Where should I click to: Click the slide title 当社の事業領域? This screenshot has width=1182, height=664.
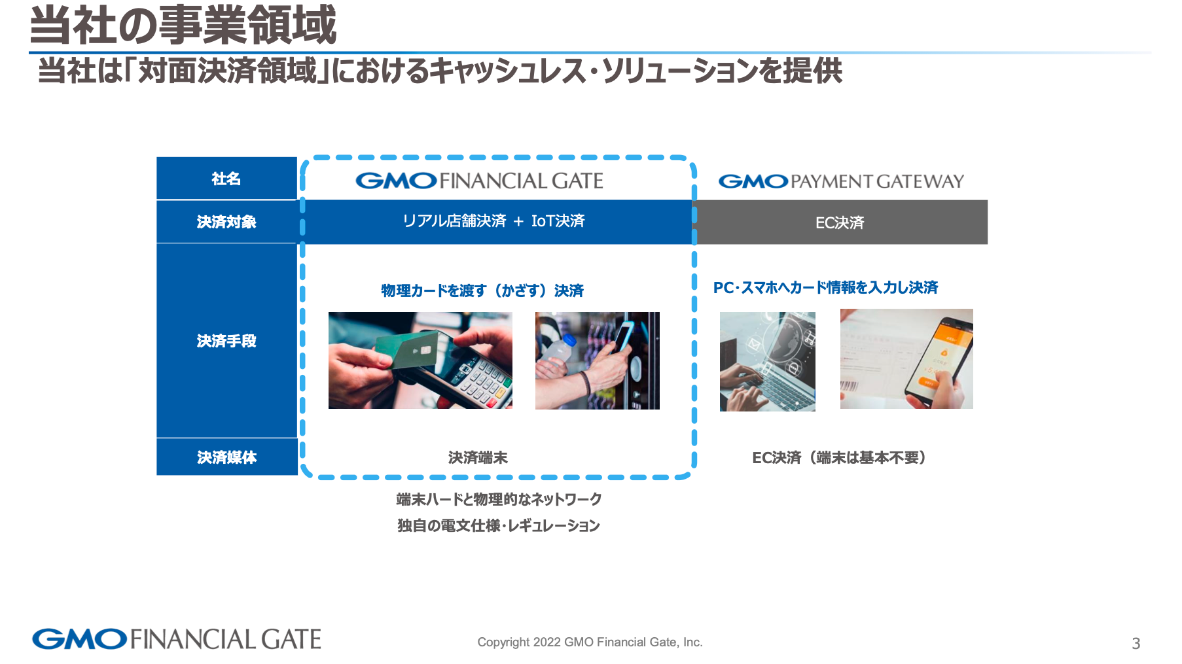point(183,26)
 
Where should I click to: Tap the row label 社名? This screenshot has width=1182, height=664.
point(226,179)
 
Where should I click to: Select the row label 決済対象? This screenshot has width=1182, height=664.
point(226,222)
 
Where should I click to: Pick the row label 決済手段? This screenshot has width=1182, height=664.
point(226,341)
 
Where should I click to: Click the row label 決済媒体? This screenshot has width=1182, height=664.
point(226,457)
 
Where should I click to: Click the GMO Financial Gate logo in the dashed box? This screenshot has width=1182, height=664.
point(479,181)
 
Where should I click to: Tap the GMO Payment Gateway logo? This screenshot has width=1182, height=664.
point(841,181)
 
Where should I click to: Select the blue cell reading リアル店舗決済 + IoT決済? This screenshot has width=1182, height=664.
point(497,222)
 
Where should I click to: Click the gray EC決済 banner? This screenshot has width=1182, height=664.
point(841,222)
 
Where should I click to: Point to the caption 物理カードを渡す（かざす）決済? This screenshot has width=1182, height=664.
point(482,290)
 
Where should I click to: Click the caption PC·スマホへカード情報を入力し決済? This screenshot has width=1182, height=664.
point(825,287)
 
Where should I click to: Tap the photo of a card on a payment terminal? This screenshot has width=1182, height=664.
point(420,360)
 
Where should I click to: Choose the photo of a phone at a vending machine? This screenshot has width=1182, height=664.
point(598,360)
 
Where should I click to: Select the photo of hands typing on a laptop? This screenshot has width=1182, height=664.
point(768,362)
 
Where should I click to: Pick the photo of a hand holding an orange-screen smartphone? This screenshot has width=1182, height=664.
point(906,359)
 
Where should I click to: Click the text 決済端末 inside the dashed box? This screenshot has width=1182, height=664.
point(478,458)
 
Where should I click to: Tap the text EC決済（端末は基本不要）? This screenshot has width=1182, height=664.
point(839,458)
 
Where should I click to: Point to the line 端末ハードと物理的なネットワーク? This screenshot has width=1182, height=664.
point(499,499)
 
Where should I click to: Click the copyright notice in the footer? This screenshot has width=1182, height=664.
point(590,642)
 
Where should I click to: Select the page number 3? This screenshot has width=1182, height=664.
point(1136,644)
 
